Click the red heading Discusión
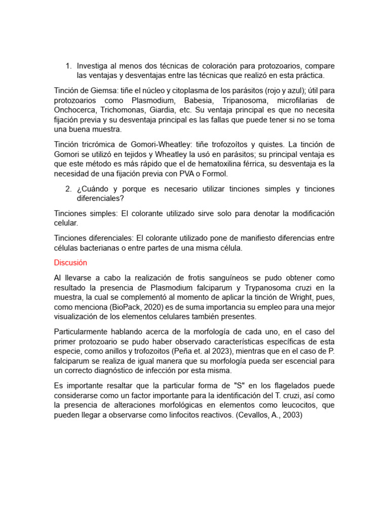tap(70, 263)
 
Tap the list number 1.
tap(68, 66)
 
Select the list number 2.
tap(68, 189)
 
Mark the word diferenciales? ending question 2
tap(100, 198)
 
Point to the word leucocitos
tap(282, 405)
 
